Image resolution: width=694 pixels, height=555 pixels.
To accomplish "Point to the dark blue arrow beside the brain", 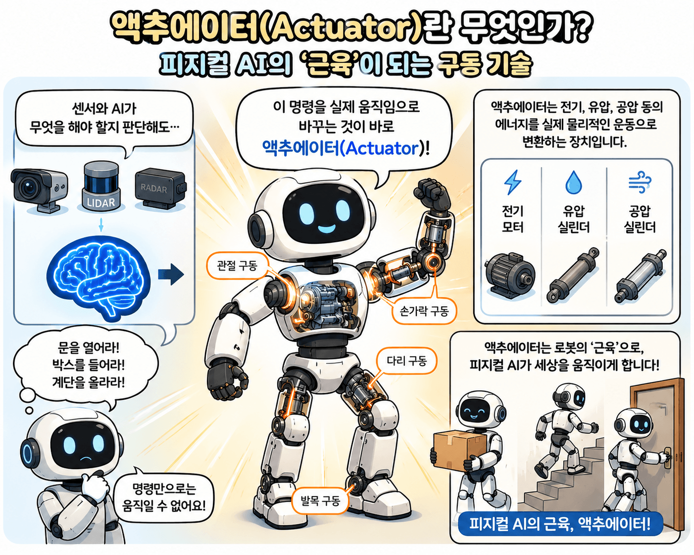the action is pyautogui.click(x=171, y=275).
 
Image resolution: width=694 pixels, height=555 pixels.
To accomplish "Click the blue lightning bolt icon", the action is pyautogui.click(x=512, y=183).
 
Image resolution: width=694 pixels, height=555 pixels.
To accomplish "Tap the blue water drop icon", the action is pyautogui.click(x=574, y=183).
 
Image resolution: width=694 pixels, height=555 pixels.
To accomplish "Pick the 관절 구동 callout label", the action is pyautogui.click(x=237, y=266).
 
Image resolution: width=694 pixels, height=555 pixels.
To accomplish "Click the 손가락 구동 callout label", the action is pyautogui.click(x=424, y=311).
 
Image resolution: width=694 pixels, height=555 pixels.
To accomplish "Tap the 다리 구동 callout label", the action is pyautogui.click(x=407, y=361).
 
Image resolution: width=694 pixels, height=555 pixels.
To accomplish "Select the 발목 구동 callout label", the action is pyautogui.click(x=320, y=501).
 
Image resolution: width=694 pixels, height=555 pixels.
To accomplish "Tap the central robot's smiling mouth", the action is pyautogui.click(x=325, y=229).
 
